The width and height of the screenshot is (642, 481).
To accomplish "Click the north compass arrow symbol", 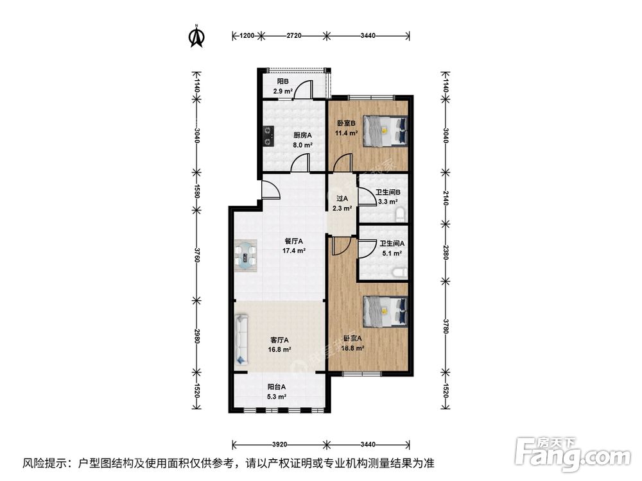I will coord(196,37).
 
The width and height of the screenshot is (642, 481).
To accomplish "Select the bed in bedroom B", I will coord(385,130).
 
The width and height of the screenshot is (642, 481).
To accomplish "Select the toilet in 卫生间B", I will coord(401,212).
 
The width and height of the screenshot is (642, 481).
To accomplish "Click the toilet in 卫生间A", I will coord(400,272).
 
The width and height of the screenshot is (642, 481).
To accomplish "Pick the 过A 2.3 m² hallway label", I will coord(342,203).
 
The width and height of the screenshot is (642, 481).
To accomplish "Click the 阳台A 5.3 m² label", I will coord(277,391).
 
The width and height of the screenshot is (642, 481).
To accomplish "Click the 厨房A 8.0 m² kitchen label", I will coord(302,140).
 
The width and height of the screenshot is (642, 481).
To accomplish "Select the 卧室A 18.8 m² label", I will coord(353,344).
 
